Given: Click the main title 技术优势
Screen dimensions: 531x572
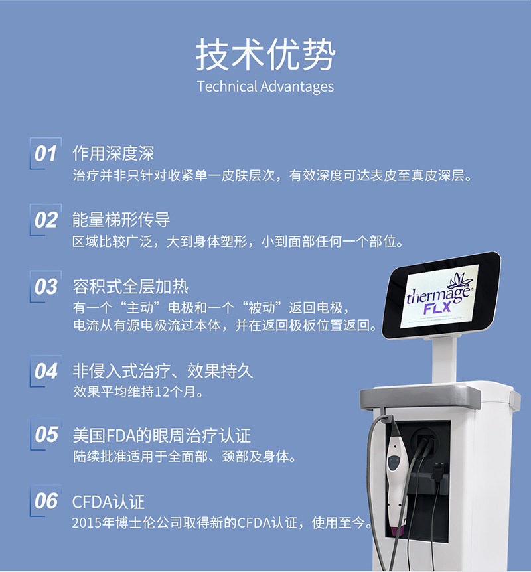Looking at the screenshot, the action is (x=265, y=54).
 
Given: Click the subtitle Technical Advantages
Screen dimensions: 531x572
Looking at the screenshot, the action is (x=265, y=87).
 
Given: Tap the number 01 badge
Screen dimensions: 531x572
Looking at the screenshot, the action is (x=46, y=153).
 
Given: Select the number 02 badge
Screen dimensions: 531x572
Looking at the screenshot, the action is (x=46, y=220).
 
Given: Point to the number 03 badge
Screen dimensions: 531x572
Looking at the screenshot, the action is (x=46, y=287).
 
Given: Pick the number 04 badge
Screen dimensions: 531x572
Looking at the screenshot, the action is (x=46, y=371).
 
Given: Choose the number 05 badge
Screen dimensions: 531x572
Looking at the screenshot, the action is (x=46, y=435).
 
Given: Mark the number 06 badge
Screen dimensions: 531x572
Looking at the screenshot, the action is (x=46, y=501).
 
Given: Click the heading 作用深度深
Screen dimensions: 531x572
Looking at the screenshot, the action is (x=113, y=153).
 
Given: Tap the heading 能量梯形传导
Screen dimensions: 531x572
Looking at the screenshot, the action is (x=121, y=220).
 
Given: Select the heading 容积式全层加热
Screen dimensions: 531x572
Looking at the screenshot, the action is (x=130, y=287).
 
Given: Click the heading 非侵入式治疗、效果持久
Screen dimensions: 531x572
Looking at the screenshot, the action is (x=163, y=371).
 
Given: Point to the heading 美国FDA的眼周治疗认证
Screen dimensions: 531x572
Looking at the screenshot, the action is (x=162, y=435).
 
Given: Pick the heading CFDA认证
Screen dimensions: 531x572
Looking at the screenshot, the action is (x=108, y=502).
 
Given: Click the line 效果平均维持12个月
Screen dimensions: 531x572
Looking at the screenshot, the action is (x=138, y=392).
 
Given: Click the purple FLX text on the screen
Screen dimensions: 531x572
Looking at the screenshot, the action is (x=437, y=309).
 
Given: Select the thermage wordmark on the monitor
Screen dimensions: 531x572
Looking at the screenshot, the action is (x=440, y=294).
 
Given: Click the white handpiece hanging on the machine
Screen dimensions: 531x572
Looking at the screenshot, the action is (x=397, y=478).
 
